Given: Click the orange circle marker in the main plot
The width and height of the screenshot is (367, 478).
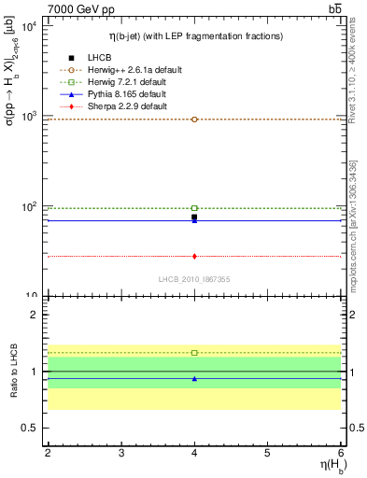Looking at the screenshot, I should [194, 119].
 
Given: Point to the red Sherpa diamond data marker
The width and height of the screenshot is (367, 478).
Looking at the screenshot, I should [194, 256].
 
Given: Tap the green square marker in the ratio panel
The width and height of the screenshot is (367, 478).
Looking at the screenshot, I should [194, 353].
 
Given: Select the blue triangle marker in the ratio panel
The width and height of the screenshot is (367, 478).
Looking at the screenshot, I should [194, 379].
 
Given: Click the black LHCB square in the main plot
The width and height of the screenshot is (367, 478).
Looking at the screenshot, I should [194, 218].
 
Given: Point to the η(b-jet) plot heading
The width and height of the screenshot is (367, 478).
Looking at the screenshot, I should [194, 35].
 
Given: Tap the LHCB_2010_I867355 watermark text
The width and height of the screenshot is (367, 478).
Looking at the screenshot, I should [194, 280].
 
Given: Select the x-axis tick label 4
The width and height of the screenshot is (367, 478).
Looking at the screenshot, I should [194, 452].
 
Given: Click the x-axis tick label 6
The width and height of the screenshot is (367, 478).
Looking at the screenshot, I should [341, 452].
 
